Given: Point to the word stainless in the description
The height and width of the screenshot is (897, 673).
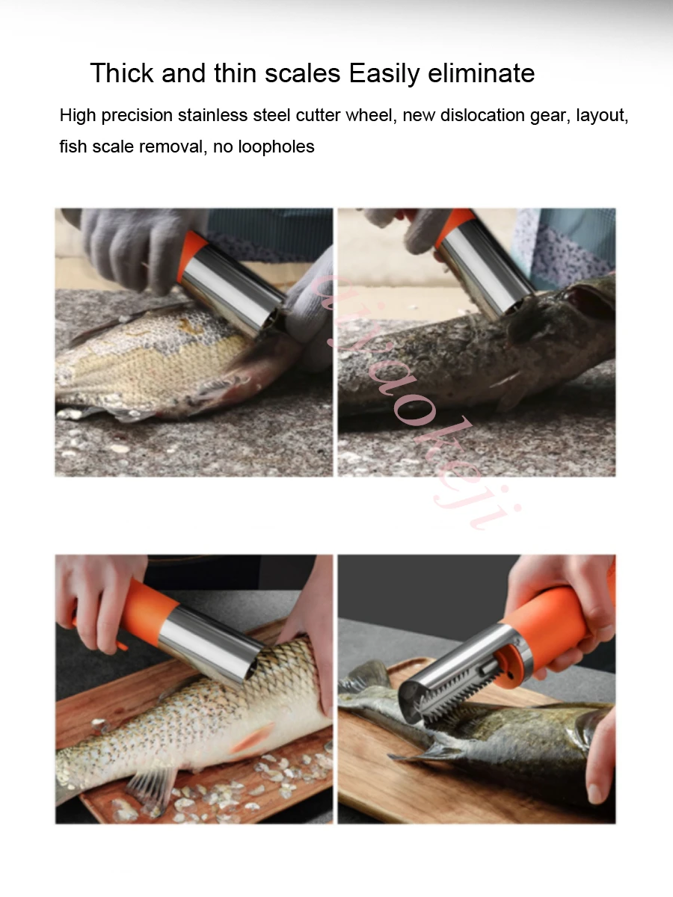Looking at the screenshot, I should (x=212, y=116).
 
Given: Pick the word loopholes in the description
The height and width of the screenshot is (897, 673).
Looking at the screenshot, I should (x=276, y=147).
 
